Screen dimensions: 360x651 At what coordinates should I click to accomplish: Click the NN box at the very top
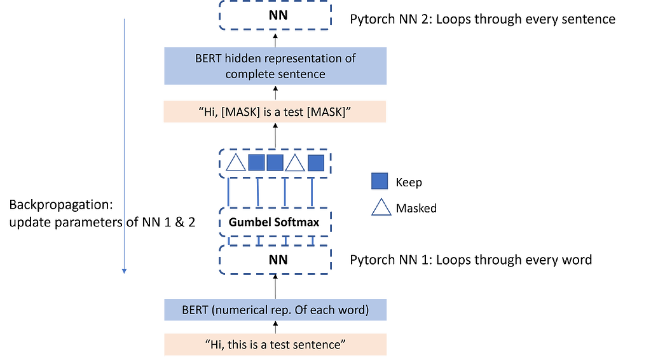coord(275,15)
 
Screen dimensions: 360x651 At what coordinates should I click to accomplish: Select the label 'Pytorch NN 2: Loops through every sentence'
coord(483,19)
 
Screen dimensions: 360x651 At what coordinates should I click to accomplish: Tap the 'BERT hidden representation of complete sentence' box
coord(275,66)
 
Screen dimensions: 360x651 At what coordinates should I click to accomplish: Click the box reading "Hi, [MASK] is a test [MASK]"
coord(275,112)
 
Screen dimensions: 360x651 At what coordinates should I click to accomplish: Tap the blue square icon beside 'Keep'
coord(379,183)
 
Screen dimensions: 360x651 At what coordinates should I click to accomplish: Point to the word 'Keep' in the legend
coord(409,183)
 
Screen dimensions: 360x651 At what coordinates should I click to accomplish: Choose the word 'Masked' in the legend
coord(416,208)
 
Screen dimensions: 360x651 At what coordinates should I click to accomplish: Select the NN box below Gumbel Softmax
coord(275,260)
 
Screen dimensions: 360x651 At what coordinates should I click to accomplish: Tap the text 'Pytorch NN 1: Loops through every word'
coord(471,260)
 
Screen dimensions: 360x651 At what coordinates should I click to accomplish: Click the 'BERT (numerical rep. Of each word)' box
coord(275,310)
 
